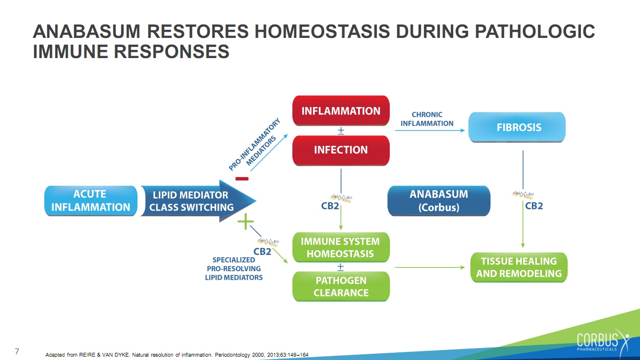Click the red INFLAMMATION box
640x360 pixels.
341,110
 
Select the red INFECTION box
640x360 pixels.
341,150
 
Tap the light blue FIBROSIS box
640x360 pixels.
517,127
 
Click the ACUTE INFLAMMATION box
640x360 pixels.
91,201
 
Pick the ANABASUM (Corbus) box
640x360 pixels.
439,201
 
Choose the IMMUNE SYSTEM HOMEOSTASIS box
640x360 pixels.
341,247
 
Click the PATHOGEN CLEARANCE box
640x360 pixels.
341,286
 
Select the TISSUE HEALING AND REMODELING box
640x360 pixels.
519,267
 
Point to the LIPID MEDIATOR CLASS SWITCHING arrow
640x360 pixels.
197,201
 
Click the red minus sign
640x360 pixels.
242,179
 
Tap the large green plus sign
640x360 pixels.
245,221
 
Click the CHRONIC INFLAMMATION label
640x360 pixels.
427,119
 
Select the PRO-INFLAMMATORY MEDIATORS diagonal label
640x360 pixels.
254,145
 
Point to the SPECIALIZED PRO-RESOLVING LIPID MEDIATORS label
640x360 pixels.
234,269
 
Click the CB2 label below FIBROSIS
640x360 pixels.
534,206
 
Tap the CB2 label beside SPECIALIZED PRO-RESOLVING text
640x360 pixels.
262,252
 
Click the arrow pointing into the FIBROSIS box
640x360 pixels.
430,130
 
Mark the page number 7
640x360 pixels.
17,351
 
